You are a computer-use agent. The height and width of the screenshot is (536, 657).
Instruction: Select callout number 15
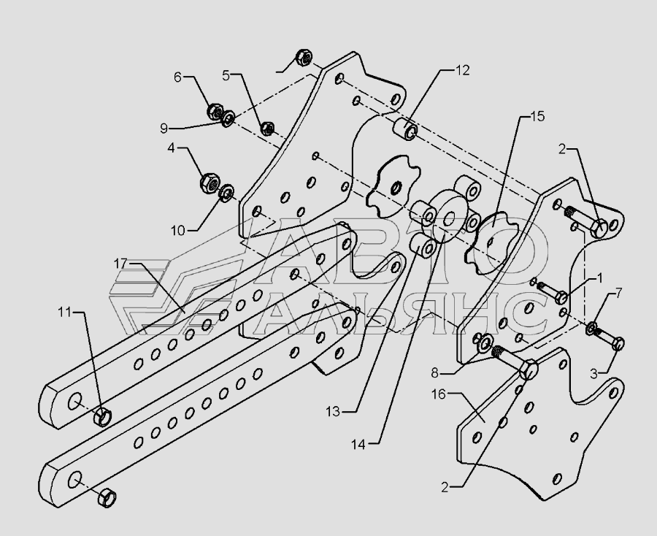coord(538,116)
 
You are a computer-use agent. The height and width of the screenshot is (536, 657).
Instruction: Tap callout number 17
coord(121,261)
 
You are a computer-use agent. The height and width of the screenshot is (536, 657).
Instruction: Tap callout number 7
coord(618,293)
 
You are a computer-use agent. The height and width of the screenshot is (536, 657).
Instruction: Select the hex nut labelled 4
coord(207,181)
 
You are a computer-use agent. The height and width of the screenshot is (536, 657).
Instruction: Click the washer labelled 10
coord(226,193)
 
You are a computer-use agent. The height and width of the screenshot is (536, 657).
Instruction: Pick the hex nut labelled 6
coord(215,112)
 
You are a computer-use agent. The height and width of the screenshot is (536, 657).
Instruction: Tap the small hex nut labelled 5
coord(268,129)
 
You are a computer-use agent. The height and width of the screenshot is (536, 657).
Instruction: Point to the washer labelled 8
coord(482,342)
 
